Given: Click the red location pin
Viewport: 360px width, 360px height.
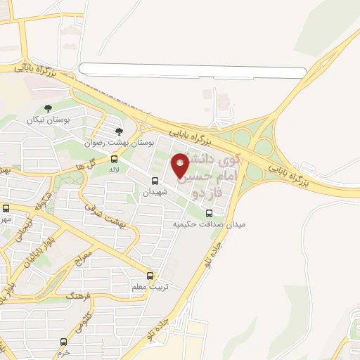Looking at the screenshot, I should tap(181, 166).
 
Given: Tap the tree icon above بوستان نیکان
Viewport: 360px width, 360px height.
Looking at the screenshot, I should tap(48, 108).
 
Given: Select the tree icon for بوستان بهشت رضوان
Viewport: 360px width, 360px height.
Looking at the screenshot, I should tap(119, 131).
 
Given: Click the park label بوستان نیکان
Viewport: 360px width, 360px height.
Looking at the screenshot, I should tap(49, 120).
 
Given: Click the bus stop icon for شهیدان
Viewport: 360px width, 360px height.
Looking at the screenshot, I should tap(155, 181).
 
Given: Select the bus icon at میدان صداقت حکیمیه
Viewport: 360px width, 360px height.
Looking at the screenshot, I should tap(209, 214).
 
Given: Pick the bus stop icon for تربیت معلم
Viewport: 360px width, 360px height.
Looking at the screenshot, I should tap(150, 276).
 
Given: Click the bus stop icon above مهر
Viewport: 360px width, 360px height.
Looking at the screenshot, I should tap(6, 208).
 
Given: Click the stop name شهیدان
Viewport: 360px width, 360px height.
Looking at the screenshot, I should tap(155, 192).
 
